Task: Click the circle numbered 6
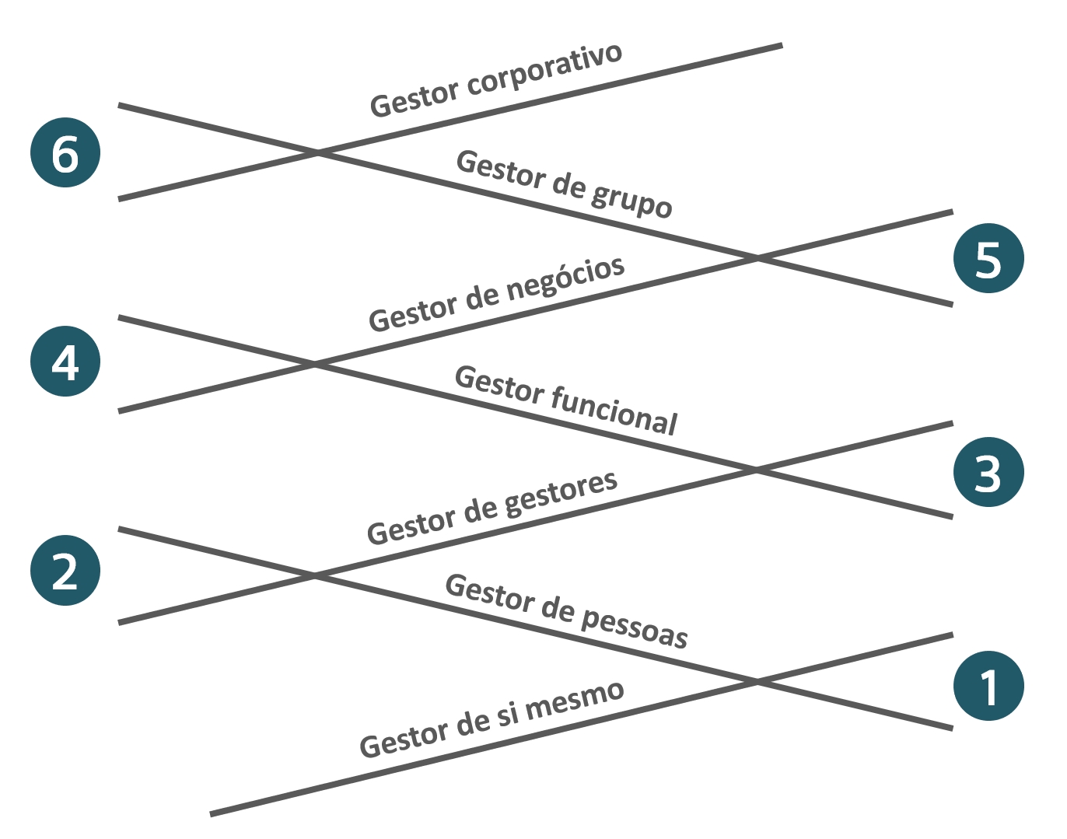click(x=65, y=152)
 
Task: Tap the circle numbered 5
click(x=988, y=258)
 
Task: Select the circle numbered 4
click(x=65, y=362)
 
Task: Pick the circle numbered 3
click(x=988, y=472)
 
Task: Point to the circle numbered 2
click(x=65, y=571)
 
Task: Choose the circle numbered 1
click(x=988, y=686)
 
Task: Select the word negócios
click(x=565, y=283)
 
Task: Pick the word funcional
click(x=614, y=409)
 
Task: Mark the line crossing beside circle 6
click(x=317, y=153)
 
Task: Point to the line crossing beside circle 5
click(x=757, y=258)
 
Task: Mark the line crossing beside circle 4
click(x=314, y=364)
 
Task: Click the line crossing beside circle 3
click(x=754, y=470)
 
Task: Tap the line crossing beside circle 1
click(x=756, y=682)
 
